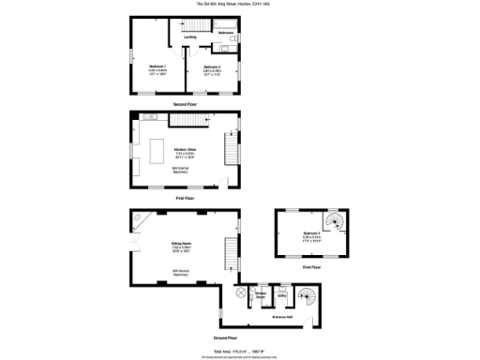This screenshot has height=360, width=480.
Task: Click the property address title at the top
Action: (x=239, y=4)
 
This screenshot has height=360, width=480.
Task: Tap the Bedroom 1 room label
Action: (x=157, y=67)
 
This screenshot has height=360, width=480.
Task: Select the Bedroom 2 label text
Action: (x=211, y=67)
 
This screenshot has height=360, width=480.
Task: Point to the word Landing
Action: (x=190, y=37)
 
